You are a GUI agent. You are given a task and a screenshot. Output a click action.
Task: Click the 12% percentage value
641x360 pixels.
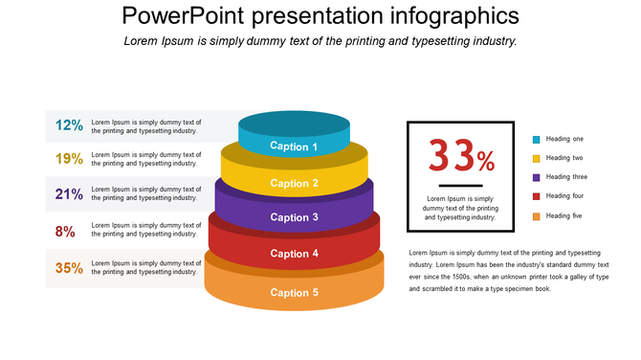[x=69, y=124]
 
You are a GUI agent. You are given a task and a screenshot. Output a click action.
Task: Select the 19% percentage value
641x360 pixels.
[x=69, y=159]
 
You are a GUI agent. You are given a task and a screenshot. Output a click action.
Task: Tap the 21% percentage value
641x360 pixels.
[x=69, y=193]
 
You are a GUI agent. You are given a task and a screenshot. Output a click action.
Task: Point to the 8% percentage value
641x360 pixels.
[x=65, y=231]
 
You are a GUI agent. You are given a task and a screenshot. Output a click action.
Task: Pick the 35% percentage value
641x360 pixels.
[x=69, y=268]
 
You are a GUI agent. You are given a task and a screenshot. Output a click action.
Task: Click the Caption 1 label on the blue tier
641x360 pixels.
[x=294, y=146]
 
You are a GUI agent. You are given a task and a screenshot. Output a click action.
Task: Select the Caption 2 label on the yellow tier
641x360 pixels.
[x=294, y=183]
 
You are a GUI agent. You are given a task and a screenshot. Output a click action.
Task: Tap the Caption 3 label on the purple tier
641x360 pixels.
[x=294, y=217]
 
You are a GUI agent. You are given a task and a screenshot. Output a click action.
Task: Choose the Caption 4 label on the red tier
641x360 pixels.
[x=294, y=254]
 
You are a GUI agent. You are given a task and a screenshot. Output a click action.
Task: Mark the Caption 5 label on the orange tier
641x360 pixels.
[x=294, y=292]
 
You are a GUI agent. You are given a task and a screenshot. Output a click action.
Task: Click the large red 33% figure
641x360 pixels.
[x=460, y=155]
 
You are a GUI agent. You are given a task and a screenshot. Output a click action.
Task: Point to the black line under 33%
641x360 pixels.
[x=460, y=184]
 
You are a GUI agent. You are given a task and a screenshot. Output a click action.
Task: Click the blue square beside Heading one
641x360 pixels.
[x=536, y=140]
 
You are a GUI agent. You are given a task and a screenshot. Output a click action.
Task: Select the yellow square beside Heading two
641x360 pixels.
[x=536, y=159]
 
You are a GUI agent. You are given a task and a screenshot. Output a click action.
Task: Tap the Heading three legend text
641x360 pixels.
[x=566, y=177]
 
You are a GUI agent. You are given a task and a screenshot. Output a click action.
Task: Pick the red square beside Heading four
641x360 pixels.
[x=536, y=197]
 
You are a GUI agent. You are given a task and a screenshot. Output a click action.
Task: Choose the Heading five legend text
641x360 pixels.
[x=564, y=216]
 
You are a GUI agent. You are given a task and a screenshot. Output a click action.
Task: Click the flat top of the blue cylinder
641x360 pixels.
[x=294, y=123]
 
